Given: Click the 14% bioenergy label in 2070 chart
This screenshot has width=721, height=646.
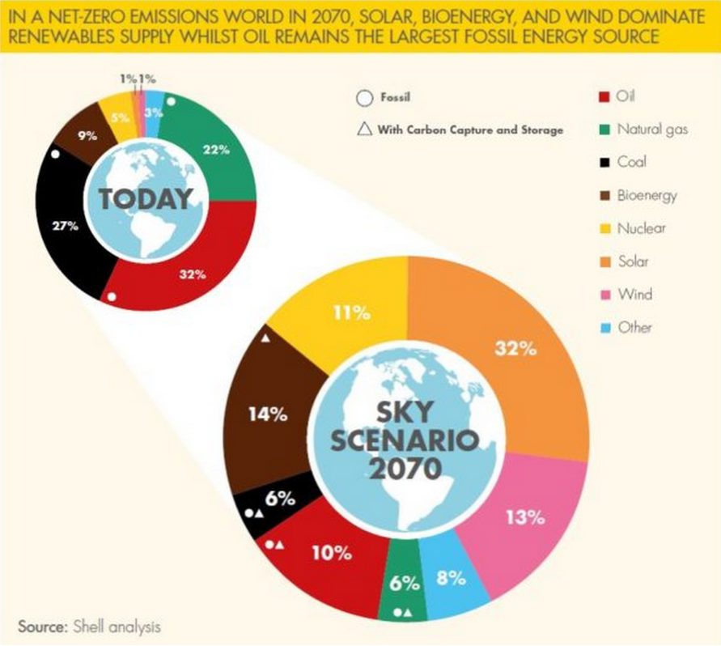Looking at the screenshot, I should (x=268, y=414).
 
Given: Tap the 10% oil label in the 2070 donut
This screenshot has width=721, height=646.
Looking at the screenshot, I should (x=332, y=554).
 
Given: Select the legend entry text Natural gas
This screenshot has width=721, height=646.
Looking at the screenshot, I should (x=652, y=129).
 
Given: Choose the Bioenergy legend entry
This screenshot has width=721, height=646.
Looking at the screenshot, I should (x=647, y=195).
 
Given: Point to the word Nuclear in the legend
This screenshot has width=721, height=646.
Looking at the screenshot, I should (x=641, y=228).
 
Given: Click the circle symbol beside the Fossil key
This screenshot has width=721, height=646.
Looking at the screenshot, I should (x=364, y=99).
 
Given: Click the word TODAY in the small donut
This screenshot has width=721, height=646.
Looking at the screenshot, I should (x=146, y=199).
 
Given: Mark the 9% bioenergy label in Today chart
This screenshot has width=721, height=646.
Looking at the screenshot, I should (x=87, y=136).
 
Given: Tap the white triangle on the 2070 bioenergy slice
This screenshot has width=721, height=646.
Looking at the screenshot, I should (x=265, y=338).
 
